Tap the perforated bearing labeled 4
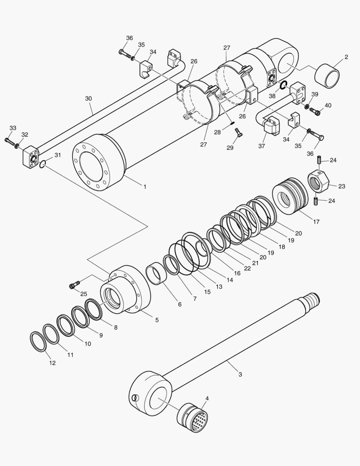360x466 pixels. pyautogui.click(x=193, y=417)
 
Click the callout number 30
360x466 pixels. pyautogui.click(x=88, y=98)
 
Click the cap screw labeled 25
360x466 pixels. pyautogui.click(x=74, y=285)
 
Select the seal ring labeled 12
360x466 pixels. pyautogui.click(x=38, y=342)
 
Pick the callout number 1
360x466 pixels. pyautogui.click(x=145, y=187)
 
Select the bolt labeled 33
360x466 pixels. pyautogui.click(x=9, y=141)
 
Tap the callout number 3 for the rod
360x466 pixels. pyautogui.click(x=240, y=375)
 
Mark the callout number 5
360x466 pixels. pyautogui.click(x=157, y=320)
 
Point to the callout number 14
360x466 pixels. pyautogui.click(x=230, y=280)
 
